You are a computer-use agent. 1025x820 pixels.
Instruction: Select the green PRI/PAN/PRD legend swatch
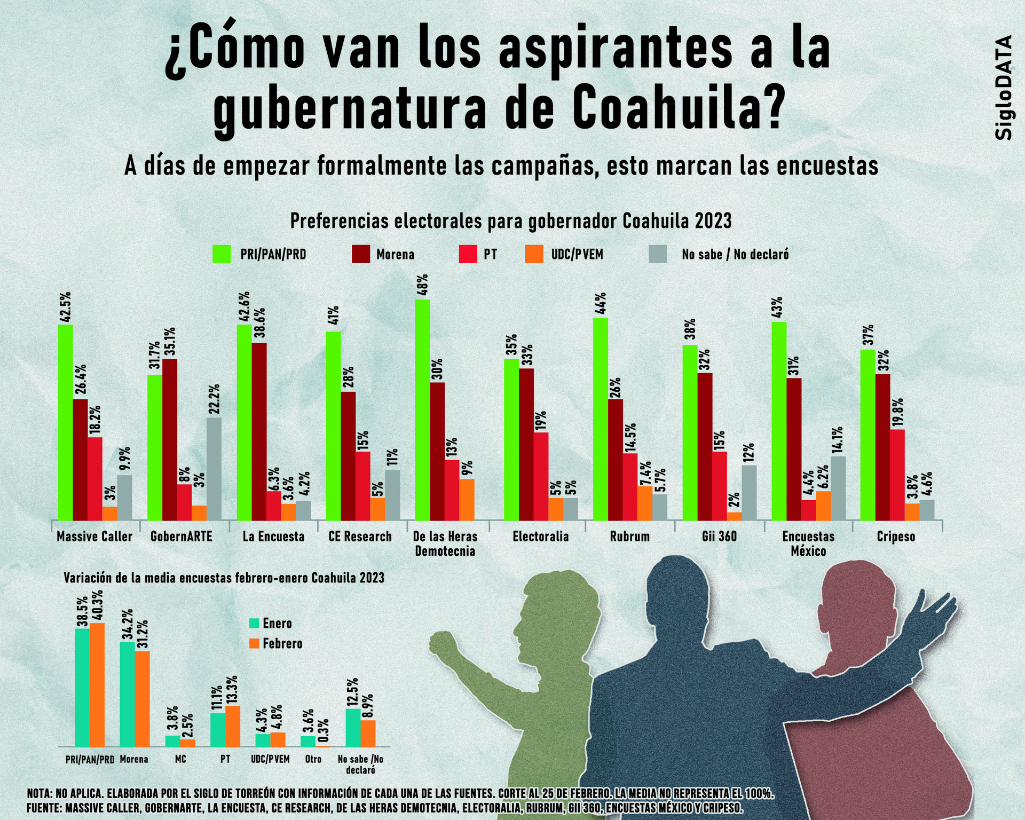(x=222, y=254)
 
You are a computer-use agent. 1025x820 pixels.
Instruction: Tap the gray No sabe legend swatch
(x=658, y=254)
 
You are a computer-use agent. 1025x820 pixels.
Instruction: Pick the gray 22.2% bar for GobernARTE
(x=214, y=468)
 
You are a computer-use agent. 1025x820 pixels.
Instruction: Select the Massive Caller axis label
(x=94, y=537)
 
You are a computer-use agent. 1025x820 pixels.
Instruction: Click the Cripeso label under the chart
(x=896, y=537)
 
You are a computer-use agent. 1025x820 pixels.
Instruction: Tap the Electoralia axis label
(x=541, y=537)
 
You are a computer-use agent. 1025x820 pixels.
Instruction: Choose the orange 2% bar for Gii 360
(x=734, y=516)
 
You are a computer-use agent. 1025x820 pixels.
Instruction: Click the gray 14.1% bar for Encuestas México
(x=838, y=487)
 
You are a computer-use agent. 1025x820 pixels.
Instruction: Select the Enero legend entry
(x=271, y=623)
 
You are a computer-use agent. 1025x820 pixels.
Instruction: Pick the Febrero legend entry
(x=276, y=643)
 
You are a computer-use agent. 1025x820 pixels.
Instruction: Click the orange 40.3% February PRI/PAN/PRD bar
(x=97, y=684)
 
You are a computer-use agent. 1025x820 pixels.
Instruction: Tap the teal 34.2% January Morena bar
(x=127, y=694)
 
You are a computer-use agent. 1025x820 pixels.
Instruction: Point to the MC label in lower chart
(x=180, y=759)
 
